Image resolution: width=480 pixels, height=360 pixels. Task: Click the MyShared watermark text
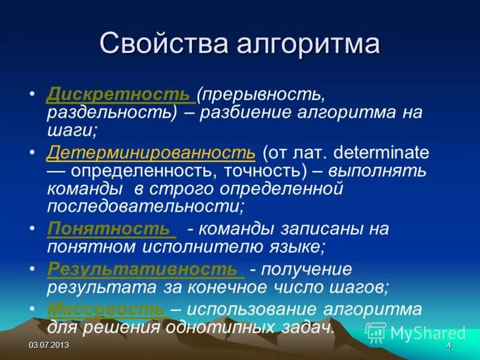point(427,333)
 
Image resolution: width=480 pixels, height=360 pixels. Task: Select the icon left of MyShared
point(376,332)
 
